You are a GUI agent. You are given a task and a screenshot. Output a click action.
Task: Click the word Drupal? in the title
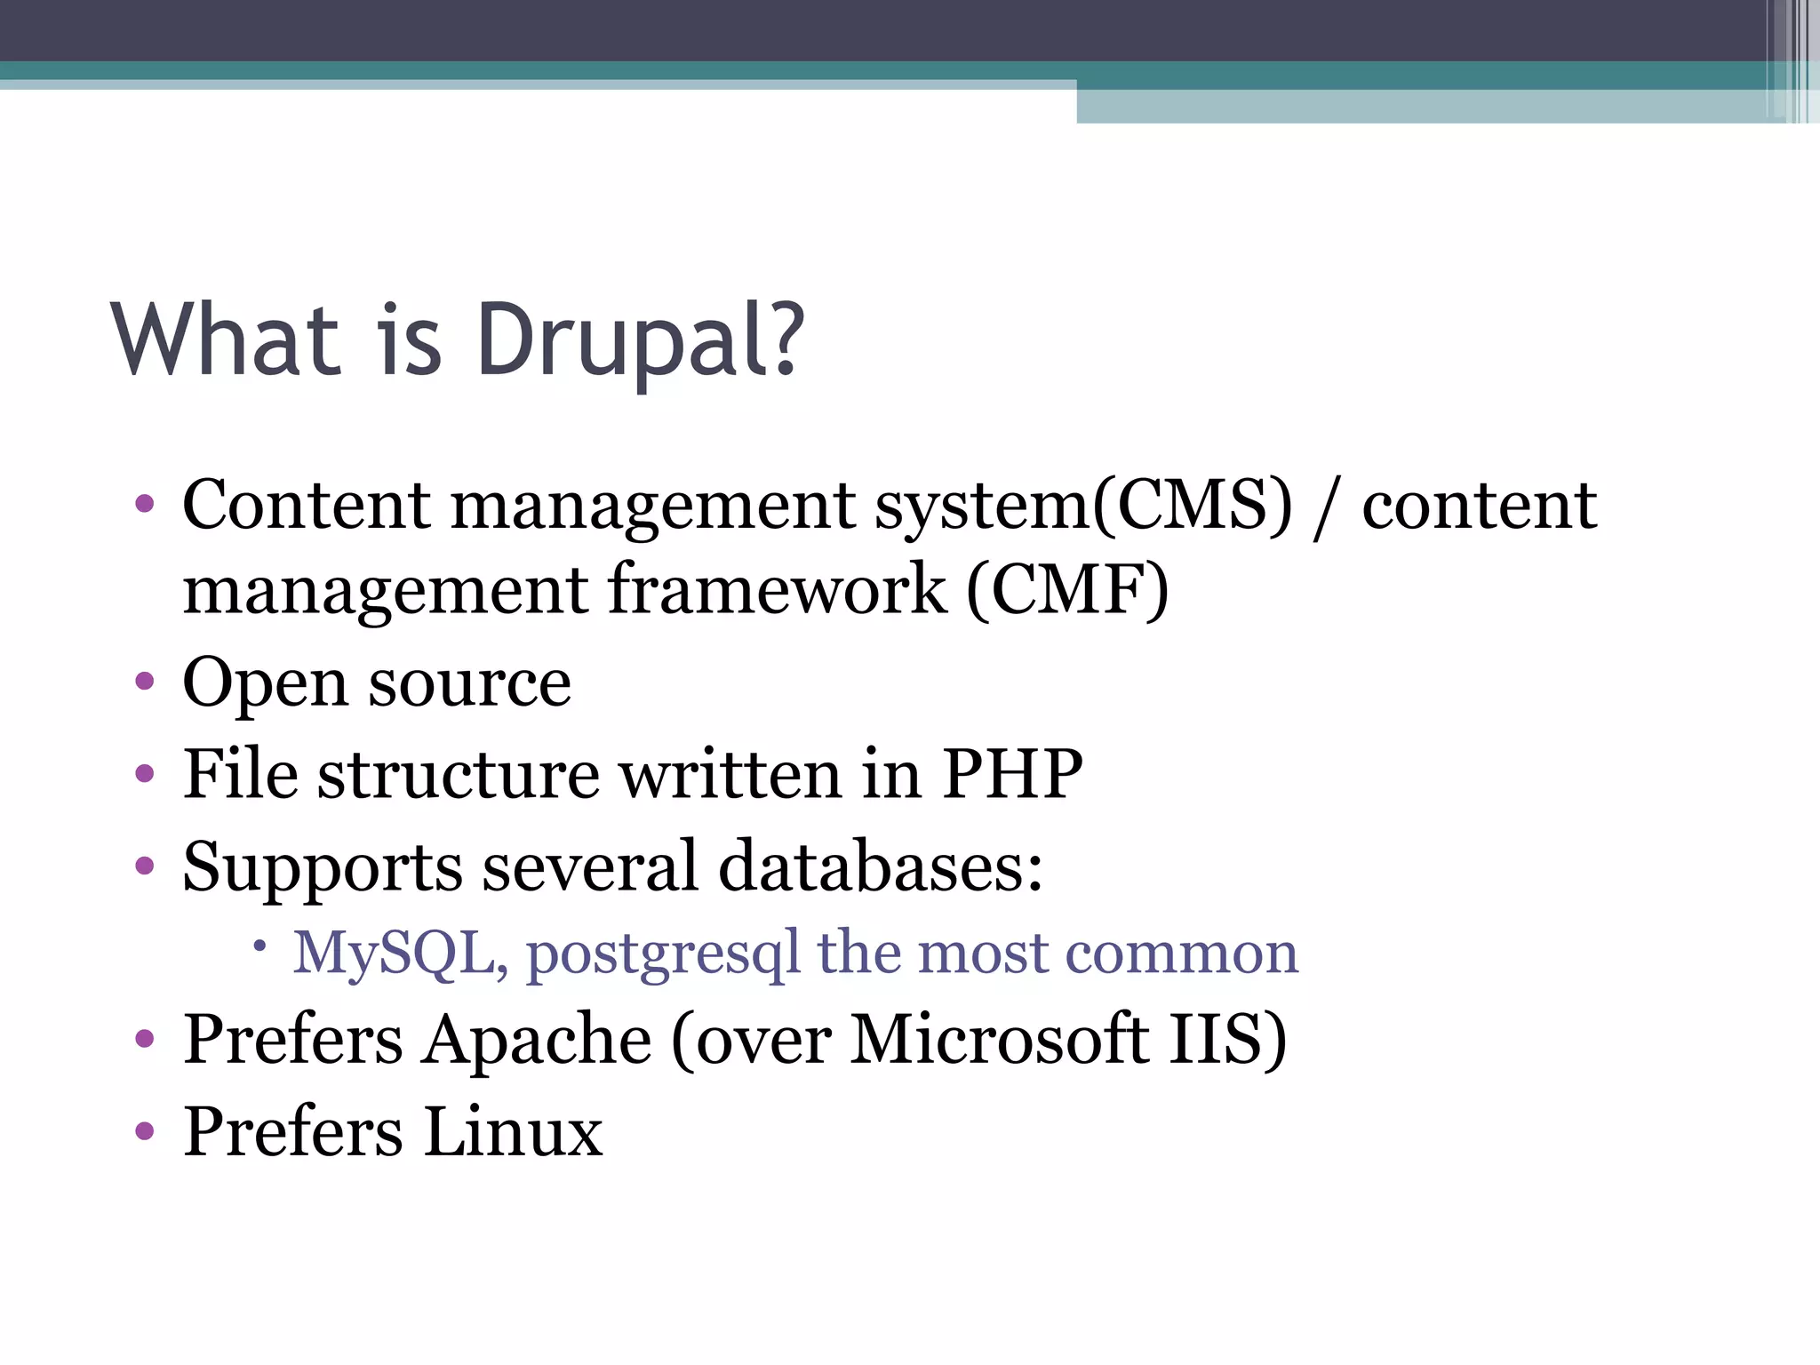[640, 341]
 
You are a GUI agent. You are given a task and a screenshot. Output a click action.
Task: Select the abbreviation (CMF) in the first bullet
[1067, 590]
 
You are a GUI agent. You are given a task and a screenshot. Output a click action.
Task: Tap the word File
[240, 774]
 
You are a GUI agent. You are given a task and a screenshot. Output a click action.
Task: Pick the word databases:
[881, 866]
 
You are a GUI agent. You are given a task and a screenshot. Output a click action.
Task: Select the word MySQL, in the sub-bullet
[401, 954]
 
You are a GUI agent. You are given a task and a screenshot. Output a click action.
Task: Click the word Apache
[537, 1040]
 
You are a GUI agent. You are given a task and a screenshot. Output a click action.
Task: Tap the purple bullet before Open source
[144, 683]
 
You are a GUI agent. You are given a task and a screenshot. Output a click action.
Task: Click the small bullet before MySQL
[260, 947]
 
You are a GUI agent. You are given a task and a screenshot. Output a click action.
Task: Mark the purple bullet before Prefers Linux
[144, 1132]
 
